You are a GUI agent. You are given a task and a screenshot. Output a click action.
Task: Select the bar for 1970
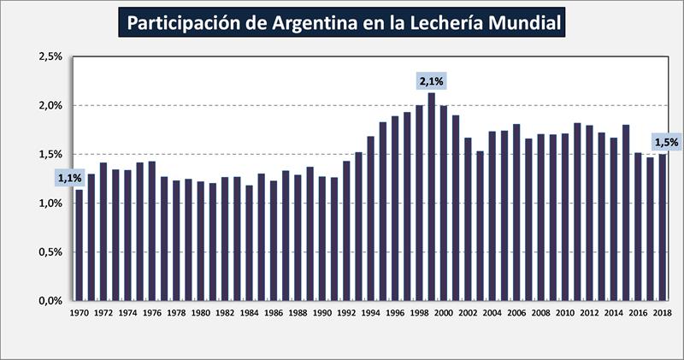point(80,245)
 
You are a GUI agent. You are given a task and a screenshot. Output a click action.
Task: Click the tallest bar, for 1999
point(431,196)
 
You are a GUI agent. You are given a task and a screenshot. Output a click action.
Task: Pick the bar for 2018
point(663,227)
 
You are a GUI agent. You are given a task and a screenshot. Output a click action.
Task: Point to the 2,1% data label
point(431,81)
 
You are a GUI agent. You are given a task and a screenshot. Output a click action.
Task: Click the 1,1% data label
point(69,178)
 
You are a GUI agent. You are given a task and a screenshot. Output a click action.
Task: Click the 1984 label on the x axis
point(250,314)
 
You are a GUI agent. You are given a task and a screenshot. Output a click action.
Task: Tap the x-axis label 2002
point(468,314)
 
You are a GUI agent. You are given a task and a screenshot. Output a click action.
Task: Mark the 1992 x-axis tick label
point(346,314)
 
